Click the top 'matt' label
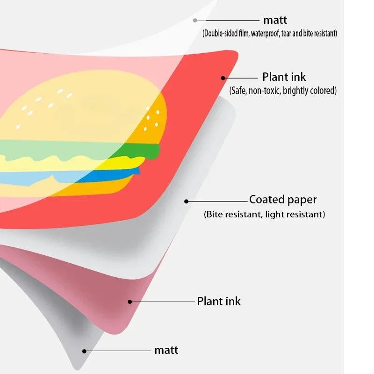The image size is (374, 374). tap(275, 20)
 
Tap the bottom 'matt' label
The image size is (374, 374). tap(166, 350)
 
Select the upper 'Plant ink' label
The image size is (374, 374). tap(284, 77)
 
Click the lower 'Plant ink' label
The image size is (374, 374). tap(219, 301)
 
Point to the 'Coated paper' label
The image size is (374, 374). tap(283, 200)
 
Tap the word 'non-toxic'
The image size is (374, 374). tap(265, 91)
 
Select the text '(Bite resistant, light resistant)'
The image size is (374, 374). tap(264, 215)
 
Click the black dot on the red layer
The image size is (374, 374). tap(223, 78)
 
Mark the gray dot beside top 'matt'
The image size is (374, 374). tap(195, 20)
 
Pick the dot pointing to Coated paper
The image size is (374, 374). tap(186, 201)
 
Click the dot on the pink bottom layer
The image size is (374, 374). tap(130, 302)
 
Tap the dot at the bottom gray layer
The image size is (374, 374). tap(84, 350)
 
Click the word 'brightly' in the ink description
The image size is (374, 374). tap(300, 91)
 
